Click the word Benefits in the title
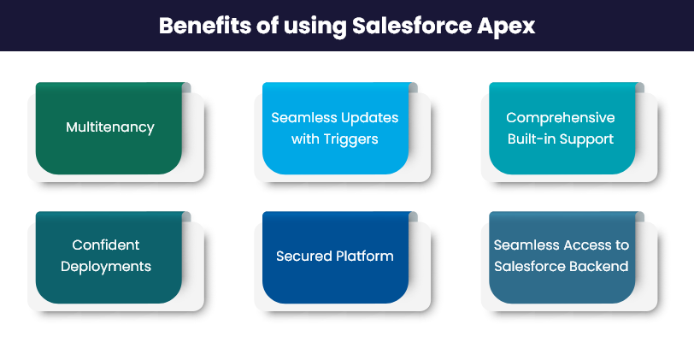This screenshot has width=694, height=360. click(x=205, y=26)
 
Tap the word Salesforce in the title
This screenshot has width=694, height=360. click(x=412, y=26)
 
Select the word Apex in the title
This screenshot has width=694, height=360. click(x=506, y=27)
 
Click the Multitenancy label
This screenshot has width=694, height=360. click(x=110, y=127)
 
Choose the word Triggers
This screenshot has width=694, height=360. click(x=350, y=139)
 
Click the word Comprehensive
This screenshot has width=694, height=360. click(x=561, y=118)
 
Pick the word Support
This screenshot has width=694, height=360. click(x=586, y=139)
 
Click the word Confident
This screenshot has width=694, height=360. click(x=106, y=245)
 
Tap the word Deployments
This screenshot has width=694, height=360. click(x=106, y=267)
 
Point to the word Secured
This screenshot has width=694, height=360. click(x=303, y=256)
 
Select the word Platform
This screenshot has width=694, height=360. click(x=365, y=256)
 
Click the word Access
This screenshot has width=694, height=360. click(x=585, y=245)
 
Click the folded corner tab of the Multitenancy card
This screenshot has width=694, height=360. click(x=186, y=88)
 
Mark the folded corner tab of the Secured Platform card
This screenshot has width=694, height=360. click(x=413, y=217)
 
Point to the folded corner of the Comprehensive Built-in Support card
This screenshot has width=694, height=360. click(x=639, y=88)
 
